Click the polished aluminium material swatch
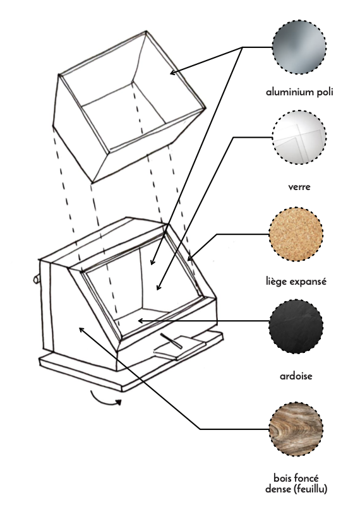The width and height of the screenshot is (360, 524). tap(299, 47)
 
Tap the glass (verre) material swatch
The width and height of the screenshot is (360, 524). tap(299, 138)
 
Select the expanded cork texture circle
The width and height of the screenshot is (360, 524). tap(296, 234)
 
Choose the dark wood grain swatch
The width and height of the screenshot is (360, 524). tap(296, 429)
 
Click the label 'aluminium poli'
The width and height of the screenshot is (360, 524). tap(299, 92)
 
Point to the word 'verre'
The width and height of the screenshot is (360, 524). tap(299, 187)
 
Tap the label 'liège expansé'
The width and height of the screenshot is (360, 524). tap(296, 282)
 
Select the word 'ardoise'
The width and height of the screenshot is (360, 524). tap(296, 376)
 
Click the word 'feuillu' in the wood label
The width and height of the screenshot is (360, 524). tap(311, 489)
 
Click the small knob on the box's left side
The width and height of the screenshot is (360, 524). tap(37, 279)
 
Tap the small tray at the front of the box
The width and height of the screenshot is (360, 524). tap(181, 347)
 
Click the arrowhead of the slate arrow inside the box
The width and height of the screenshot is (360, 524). tap(141, 321)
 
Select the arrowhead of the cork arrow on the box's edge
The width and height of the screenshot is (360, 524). tap(189, 258)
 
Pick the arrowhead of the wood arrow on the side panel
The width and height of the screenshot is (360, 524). tap(81, 330)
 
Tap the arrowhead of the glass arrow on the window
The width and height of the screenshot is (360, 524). tap(159, 287)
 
